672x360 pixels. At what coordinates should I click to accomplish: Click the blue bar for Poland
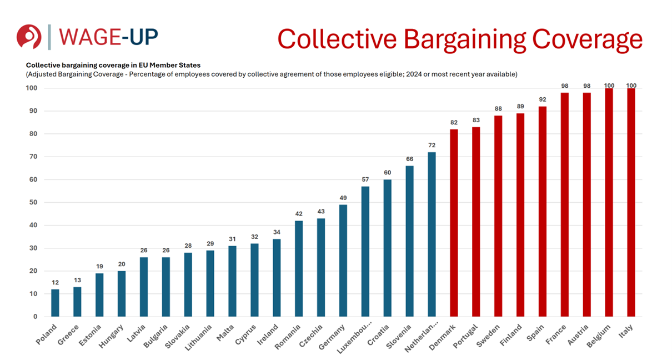tap(55, 303)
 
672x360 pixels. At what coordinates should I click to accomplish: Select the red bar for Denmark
tap(454, 223)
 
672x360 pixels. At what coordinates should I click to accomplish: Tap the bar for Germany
tap(343, 261)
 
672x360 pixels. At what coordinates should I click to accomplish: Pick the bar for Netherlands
tap(432, 234)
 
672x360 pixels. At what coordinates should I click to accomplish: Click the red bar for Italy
tap(631, 202)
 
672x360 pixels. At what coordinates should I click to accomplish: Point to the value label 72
tap(432, 145)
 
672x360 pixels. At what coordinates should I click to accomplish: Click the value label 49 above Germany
tap(343, 198)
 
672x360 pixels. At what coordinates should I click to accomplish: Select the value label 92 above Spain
tap(542, 99)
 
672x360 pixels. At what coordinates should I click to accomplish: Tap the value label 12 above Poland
tap(55, 282)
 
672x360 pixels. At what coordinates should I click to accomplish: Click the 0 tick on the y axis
tap(34, 317)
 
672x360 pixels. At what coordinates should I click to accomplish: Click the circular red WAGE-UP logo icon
tap(29, 37)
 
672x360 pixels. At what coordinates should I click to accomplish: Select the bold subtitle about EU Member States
tap(113, 65)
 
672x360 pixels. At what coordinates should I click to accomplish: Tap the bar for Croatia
tap(387, 248)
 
